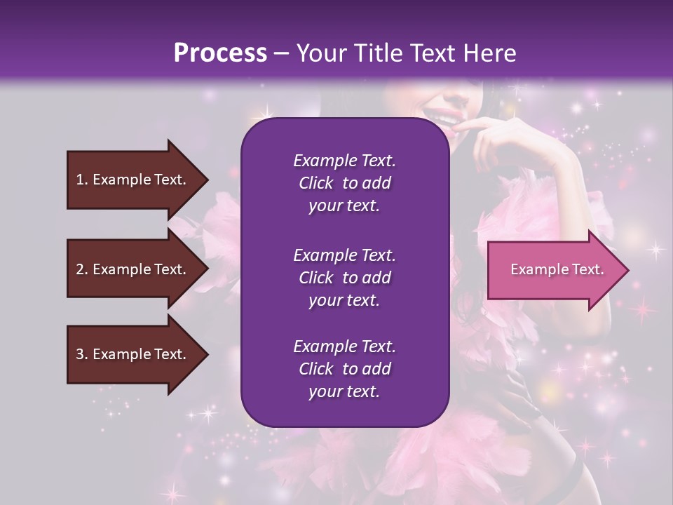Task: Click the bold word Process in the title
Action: (220, 53)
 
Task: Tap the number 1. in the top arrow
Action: (82, 180)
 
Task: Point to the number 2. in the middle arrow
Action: (82, 269)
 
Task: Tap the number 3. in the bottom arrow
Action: (82, 354)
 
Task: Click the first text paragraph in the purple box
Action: (344, 183)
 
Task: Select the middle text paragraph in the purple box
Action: (344, 278)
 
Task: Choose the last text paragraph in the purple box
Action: (344, 369)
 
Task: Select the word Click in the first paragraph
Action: (315, 183)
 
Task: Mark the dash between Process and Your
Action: (282, 53)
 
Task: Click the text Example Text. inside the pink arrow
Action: (557, 269)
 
